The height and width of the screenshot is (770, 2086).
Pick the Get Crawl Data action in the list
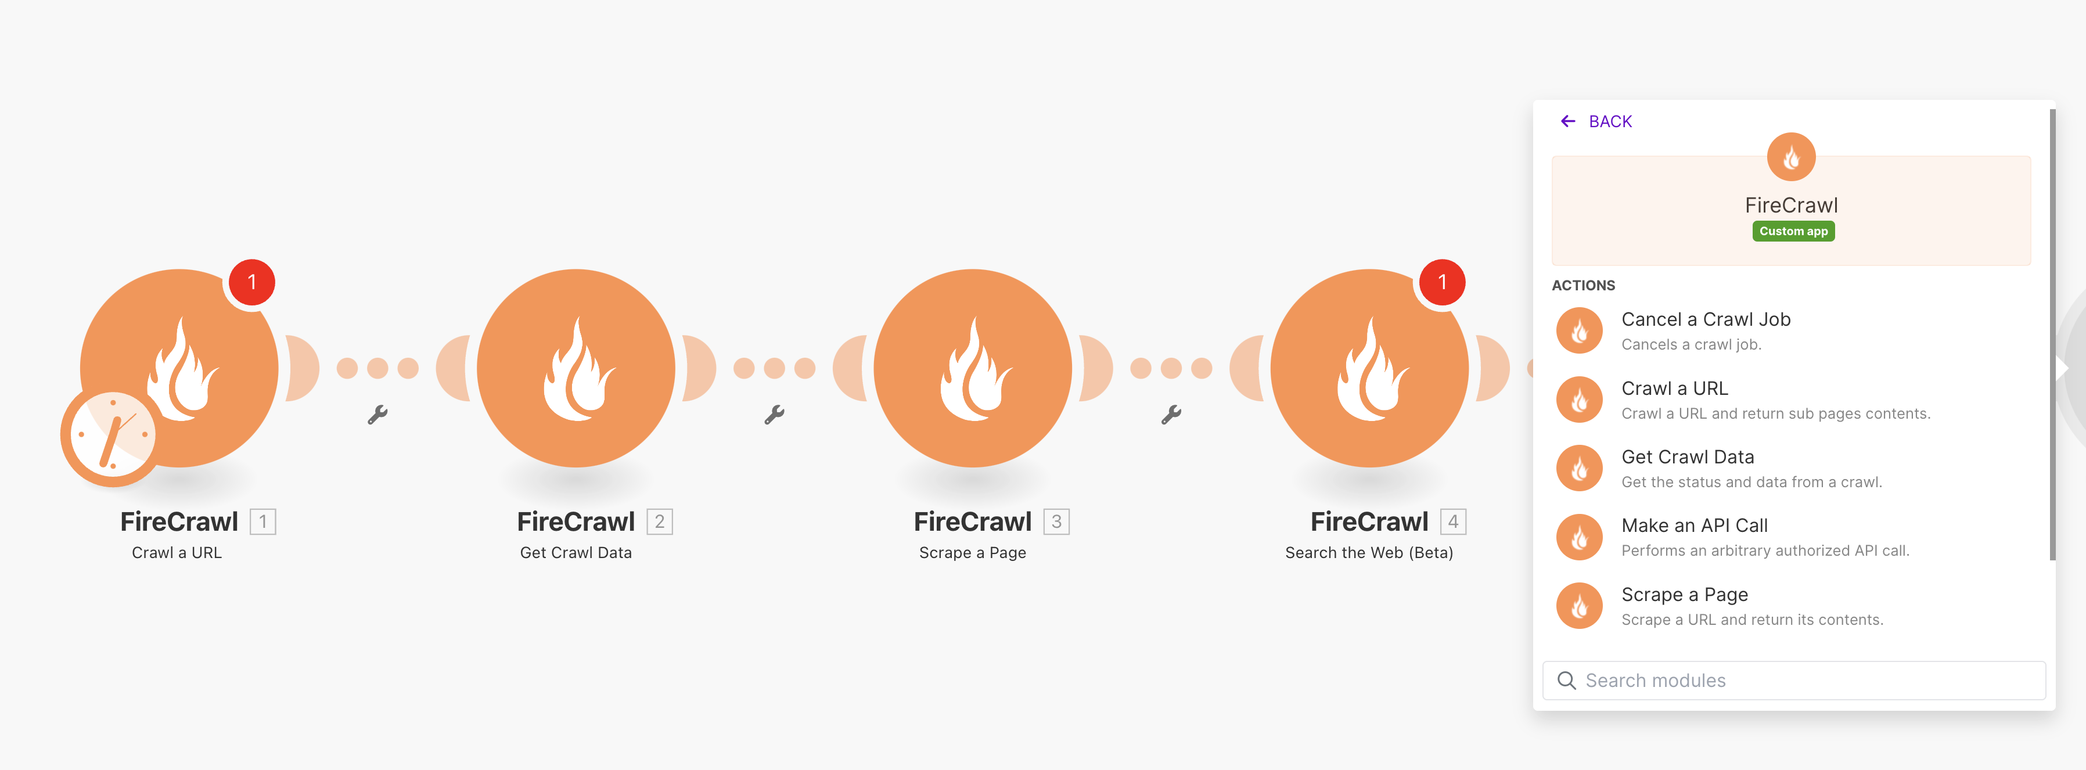pyautogui.click(x=1687, y=458)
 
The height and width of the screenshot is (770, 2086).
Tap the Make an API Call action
pyautogui.click(x=1693, y=526)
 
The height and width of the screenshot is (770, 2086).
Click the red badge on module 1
pyautogui.click(x=252, y=282)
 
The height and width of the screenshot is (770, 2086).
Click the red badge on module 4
pyautogui.click(x=1441, y=282)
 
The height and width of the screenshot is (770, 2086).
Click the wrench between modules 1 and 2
pyautogui.click(x=377, y=415)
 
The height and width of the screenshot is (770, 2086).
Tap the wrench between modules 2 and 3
pyautogui.click(x=774, y=415)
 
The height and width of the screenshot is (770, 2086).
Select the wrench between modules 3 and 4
pyautogui.click(x=1171, y=415)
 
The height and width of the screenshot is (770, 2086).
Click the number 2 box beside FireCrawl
pyautogui.click(x=659, y=522)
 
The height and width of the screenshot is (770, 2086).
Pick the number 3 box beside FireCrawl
pyautogui.click(x=1056, y=522)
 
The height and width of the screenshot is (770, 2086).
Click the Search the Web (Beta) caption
pyautogui.click(x=1369, y=553)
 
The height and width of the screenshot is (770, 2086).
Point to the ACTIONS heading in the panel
pyautogui.click(x=1583, y=286)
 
